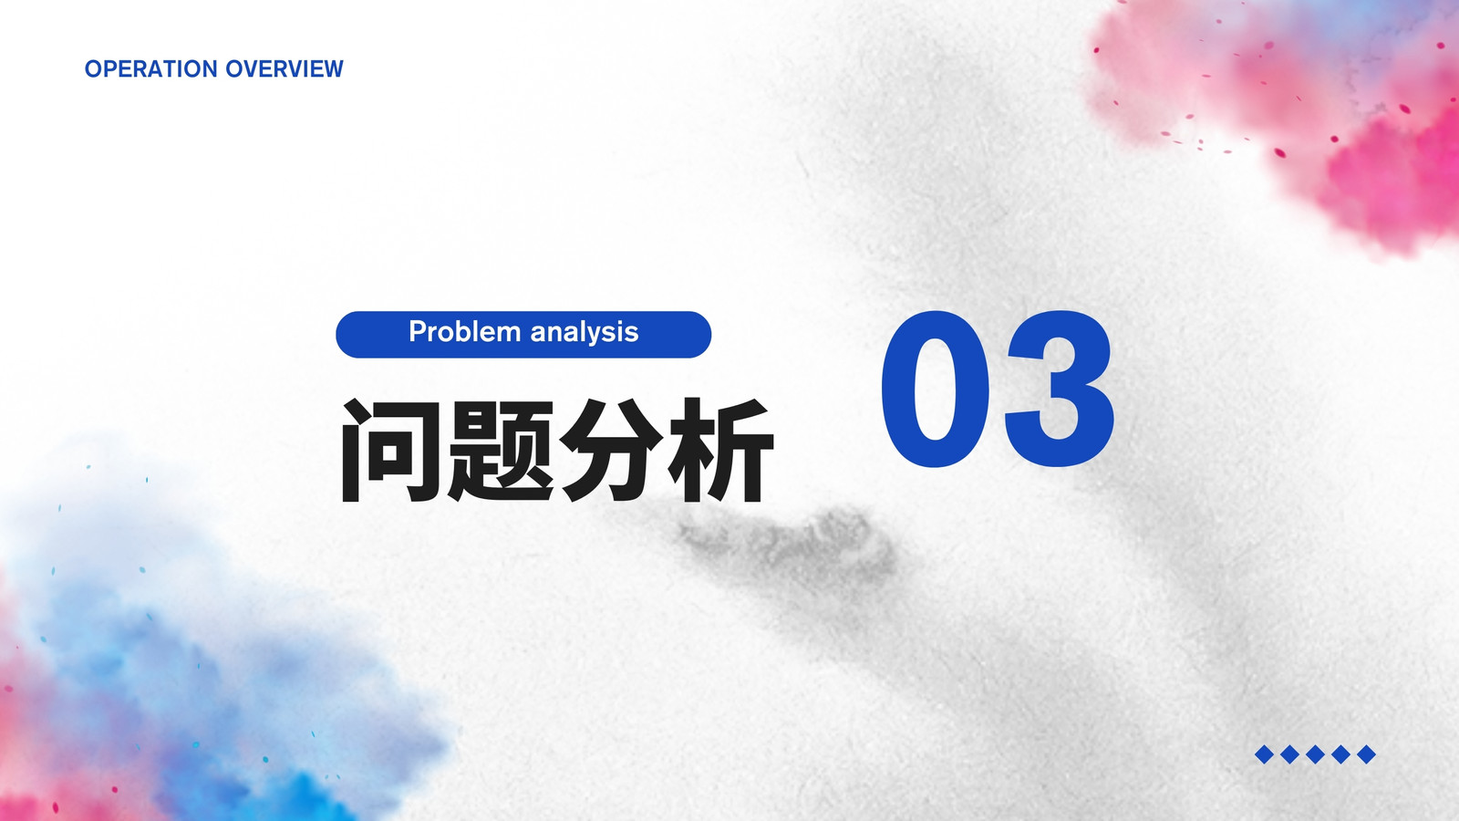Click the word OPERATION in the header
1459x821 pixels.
coord(151,68)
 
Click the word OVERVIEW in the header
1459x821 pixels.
coord(284,68)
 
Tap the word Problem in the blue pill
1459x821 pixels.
coord(464,332)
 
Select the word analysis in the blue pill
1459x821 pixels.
coord(585,333)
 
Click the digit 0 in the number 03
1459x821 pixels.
coord(935,389)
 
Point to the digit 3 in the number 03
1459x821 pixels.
coord(1059,389)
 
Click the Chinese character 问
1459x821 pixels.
coord(389,450)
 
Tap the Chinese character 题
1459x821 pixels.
coord(501,450)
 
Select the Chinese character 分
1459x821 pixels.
coord(611,450)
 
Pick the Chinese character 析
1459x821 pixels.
coord(720,450)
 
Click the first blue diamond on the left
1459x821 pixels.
coord(1264,754)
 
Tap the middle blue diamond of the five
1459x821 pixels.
coord(1315,754)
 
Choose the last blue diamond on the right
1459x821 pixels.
coord(1367,754)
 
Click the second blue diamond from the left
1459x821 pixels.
coord(1289,754)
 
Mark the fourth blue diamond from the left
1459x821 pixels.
coord(1340,754)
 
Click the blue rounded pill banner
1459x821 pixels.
coord(523,334)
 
